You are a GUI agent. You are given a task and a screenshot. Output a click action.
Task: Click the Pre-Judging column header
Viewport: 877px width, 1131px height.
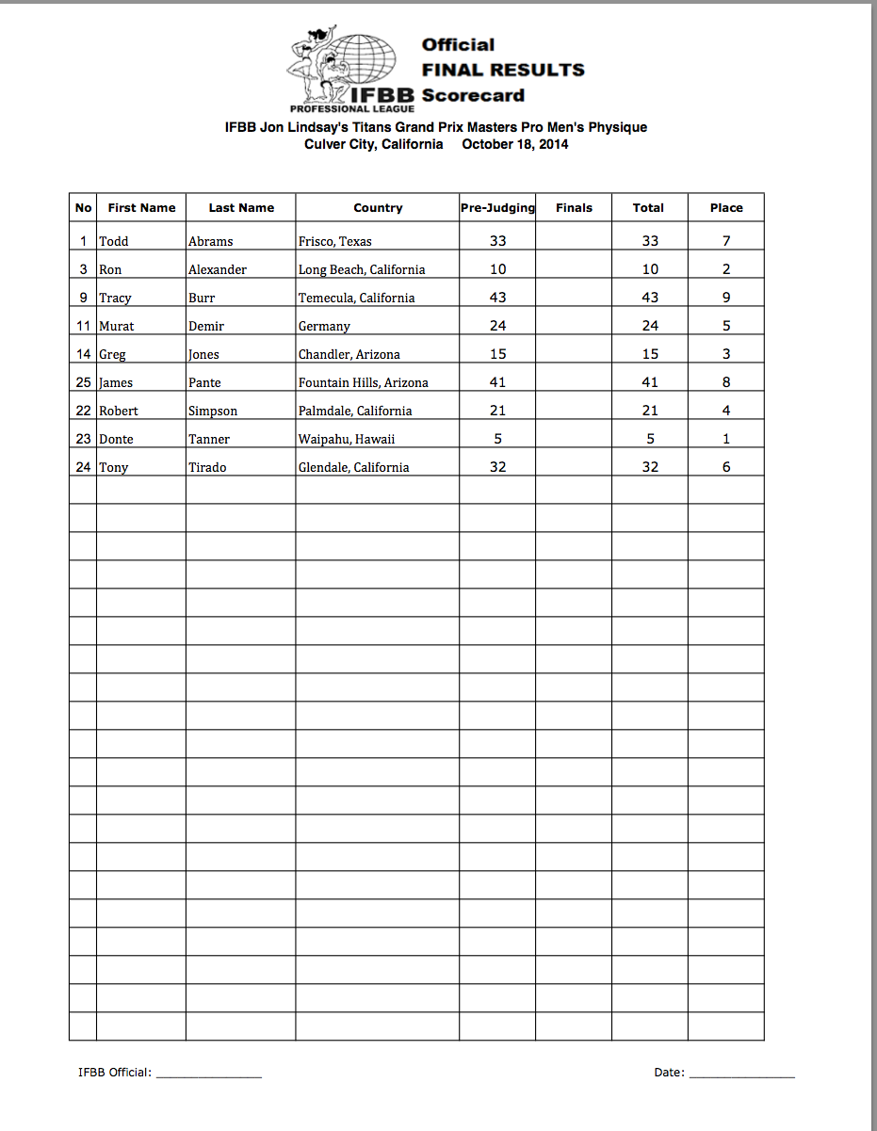pyautogui.click(x=497, y=208)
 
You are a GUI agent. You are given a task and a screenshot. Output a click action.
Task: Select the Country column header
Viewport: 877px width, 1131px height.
pyautogui.click(x=378, y=208)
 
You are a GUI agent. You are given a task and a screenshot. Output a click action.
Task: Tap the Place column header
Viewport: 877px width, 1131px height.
pyautogui.click(x=726, y=208)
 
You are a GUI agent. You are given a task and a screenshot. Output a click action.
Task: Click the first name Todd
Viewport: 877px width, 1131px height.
pyautogui.click(x=114, y=241)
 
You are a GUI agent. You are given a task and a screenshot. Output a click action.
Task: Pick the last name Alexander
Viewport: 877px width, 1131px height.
pyautogui.click(x=218, y=269)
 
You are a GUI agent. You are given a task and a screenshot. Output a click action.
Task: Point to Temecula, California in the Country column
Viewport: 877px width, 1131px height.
pyautogui.click(x=357, y=298)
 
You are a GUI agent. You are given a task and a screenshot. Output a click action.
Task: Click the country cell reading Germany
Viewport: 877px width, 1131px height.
pyautogui.click(x=324, y=326)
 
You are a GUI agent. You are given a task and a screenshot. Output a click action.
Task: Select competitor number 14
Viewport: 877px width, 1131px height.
pyautogui.click(x=84, y=354)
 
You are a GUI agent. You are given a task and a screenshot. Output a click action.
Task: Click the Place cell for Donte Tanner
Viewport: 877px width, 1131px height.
pyautogui.click(x=726, y=439)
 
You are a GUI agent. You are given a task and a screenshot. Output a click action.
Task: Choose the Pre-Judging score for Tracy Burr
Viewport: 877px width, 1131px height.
pyautogui.click(x=497, y=298)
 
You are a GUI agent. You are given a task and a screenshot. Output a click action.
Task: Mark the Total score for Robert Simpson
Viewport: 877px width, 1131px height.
pyautogui.click(x=650, y=411)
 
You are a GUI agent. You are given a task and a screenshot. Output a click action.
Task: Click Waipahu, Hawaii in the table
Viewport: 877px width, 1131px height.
pyautogui.click(x=347, y=439)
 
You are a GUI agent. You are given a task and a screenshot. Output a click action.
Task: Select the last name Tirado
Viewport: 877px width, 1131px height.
pyautogui.click(x=207, y=467)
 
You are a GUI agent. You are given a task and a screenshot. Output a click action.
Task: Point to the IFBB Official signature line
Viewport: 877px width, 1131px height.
pyautogui.click(x=209, y=1074)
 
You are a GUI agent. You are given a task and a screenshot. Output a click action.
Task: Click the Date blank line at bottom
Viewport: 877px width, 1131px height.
pyautogui.click(x=742, y=1074)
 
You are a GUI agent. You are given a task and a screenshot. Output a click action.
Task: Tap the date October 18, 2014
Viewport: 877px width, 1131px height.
pyautogui.click(x=515, y=145)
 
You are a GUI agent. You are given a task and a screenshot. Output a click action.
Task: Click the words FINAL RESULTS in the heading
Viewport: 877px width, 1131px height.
pyautogui.click(x=503, y=70)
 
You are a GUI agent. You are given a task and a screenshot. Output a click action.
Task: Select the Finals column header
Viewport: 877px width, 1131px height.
pyautogui.click(x=575, y=208)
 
